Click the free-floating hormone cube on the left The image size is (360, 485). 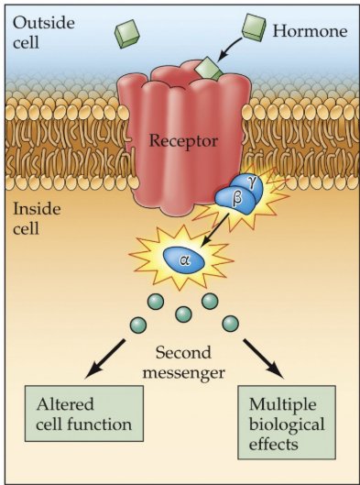pyautogui.click(x=128, y=34)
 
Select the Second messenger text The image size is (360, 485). pyautogui.click(x=183, y=358)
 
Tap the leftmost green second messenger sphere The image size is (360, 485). pyautogui.click(x=137, y=324)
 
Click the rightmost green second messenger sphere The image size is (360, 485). pyautogui.click(x=229, y=323)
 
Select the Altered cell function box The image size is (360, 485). pyautogui.click(x=84, y=413)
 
